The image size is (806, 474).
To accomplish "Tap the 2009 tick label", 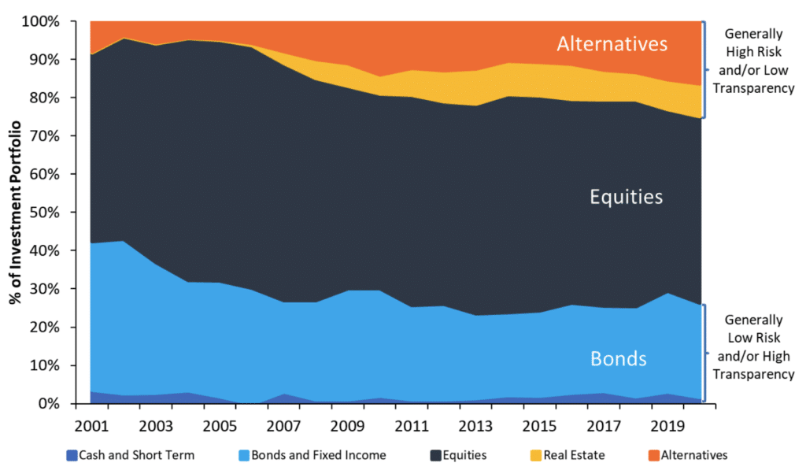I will (347, 425).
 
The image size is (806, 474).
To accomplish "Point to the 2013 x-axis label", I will (475, 425).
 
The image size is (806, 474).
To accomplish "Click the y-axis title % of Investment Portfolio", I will (13, 213).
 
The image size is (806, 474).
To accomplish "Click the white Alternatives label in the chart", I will (612, 43).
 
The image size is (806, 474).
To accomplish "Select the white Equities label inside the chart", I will (627, 196).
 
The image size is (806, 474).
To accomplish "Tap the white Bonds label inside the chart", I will (619, 359).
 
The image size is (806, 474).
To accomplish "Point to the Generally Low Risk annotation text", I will (754, 347).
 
